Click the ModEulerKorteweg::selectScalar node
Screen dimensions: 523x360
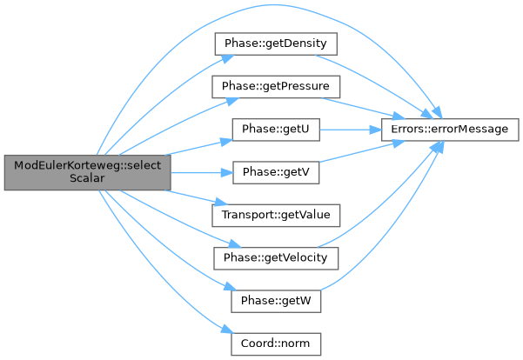point(87,172)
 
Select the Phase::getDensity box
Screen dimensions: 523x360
point(276,43)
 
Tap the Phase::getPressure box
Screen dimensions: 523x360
point(276,87)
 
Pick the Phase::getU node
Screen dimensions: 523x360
point(276,130)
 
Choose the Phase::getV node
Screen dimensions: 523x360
point(276,172)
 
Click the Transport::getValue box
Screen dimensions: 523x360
point(276,216)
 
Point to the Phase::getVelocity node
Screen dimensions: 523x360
point(276,258)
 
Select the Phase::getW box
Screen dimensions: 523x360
point(276,301)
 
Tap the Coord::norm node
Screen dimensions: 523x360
point(276,344)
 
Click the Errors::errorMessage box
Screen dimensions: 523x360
point(450,130)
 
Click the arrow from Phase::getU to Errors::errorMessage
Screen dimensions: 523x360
point(351,130)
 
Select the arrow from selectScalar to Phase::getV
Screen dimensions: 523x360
point(202,173)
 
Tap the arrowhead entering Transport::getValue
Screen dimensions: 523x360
point(220,202)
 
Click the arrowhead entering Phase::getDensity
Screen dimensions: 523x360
point(227,58)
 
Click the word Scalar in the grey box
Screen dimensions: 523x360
point(87,178)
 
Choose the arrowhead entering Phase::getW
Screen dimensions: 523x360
point(230,287)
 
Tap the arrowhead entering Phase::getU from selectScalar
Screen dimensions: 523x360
point(226,142)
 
